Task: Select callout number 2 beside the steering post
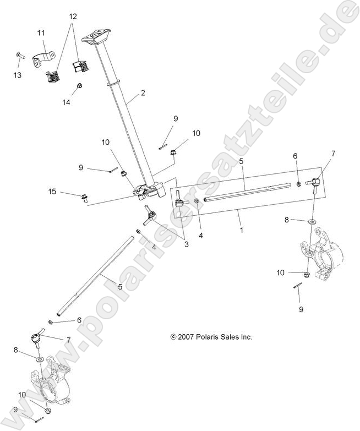pos(143,93)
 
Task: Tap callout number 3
pos(187,244)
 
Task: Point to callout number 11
pos(41,34)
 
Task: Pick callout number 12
pos(72,17)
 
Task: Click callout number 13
pos(17,75)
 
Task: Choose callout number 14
pos(67,102)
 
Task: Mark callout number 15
pos(52,191)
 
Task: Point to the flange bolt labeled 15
pos(85,197)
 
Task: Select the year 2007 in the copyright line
pos(186,336)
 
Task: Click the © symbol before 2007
pos(173,336)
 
